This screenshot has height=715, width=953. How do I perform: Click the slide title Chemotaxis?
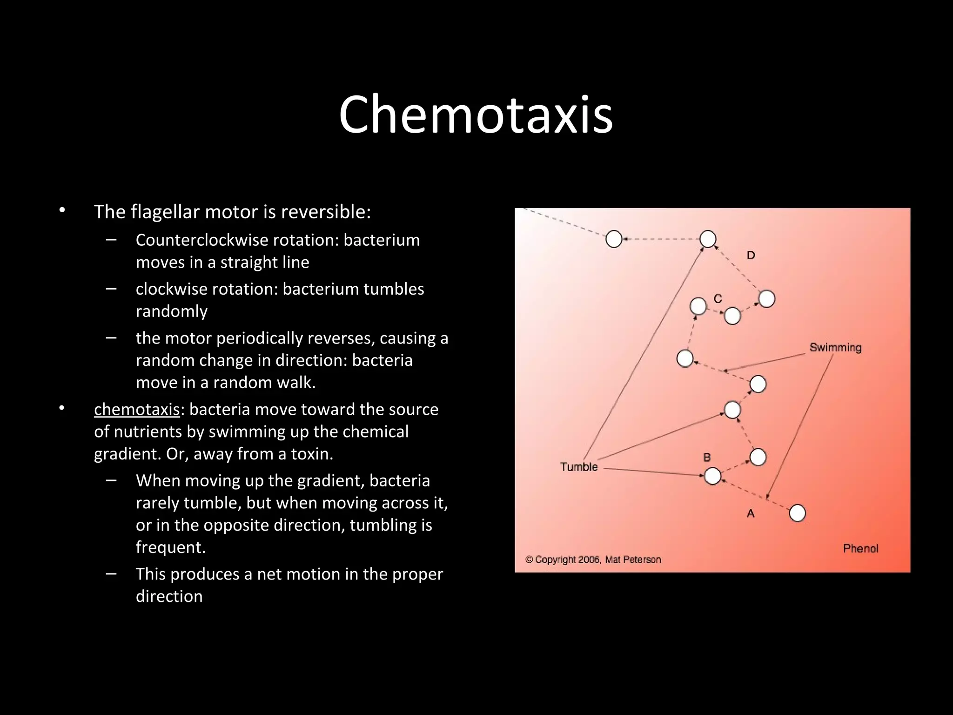point(476,115)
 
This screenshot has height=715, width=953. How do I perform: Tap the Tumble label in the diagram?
point(578,466)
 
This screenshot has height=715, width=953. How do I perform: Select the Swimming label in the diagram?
point(835,347)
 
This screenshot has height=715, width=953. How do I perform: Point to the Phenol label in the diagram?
point(860,548)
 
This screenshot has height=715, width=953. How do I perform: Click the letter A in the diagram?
point(751,513)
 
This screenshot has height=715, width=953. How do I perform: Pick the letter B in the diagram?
point(707,458)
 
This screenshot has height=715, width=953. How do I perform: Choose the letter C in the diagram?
point(718,299)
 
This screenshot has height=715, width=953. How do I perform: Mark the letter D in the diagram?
point(751,255)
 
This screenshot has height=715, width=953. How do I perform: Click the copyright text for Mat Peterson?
point(593,560)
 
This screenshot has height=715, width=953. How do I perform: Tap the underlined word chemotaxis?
point(137,409)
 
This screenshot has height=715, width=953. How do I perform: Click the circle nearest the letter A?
point(798,513)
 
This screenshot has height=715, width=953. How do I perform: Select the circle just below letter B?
point(712,476)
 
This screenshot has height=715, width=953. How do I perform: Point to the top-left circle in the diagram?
point(614,239)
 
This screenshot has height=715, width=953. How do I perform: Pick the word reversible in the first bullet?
point(326,212)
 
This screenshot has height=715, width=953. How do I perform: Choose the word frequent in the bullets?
point(170,547)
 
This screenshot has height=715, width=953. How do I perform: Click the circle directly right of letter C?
point(732,316)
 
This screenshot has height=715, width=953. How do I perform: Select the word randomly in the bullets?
point(171,311)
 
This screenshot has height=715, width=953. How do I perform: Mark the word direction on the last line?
point(169,596)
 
